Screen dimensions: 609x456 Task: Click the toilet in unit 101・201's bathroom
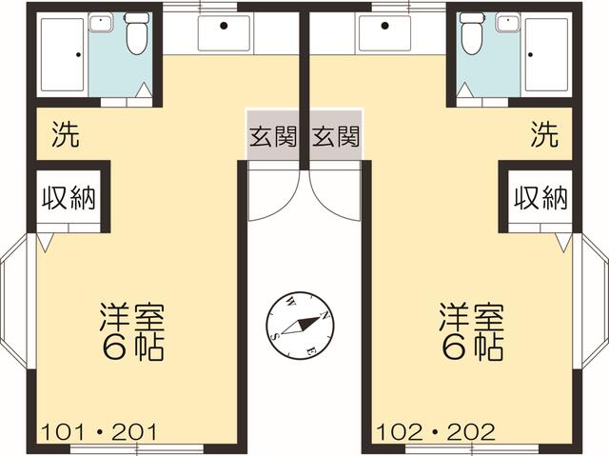pos(137,33)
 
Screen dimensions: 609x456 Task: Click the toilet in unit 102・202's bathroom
pos(472,33)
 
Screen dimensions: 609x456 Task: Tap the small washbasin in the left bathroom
pos(101,22)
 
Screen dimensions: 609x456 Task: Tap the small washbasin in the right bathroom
pos(508,22)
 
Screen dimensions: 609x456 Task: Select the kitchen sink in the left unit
pos(224,33)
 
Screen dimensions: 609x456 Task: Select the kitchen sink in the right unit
pos(384,33)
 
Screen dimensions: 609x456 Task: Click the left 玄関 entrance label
pos(273,137)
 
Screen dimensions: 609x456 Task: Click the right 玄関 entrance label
pos(336,137)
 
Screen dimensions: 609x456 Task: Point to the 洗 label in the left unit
pos(66,134)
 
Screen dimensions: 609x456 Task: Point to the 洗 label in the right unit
pos(544,134)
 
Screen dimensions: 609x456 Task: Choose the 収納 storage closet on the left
pos(69,196)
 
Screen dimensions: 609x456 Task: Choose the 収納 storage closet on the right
pos(540,196)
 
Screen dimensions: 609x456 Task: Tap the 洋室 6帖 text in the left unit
pos(132,331)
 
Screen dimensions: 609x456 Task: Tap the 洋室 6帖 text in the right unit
pos(472,331)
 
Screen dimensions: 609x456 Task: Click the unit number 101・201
pos(99,432)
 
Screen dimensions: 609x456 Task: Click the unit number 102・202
pos(436,432)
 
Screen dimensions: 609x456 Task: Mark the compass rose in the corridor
pos(300,325)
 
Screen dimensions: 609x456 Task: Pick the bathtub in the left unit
pos(63,55)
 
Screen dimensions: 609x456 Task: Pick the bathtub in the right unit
pos(546,55)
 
